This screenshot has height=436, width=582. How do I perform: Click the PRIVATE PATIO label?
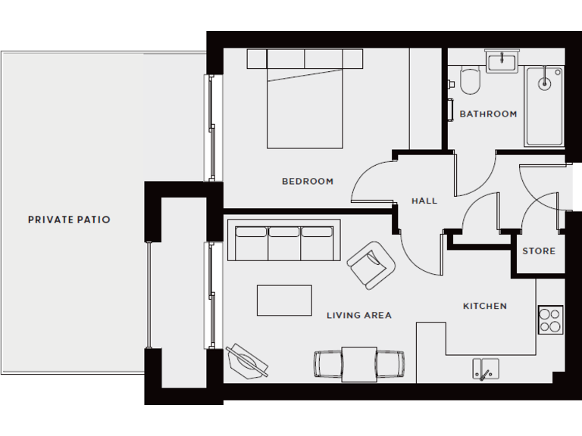coord(69,220)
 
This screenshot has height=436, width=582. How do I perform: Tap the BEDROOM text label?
coord(308,182)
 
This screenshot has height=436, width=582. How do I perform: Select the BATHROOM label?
coord(488,114)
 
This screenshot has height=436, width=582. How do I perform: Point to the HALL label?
coord(424,201)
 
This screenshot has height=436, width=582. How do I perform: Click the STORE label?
coord(539,251)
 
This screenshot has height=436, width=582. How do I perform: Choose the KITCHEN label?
coord(485,307)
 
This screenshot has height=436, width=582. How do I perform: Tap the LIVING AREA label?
coord(359,316)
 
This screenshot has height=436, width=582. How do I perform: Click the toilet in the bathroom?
coord(471,81)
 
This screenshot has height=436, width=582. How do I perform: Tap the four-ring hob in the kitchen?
coord(549,319)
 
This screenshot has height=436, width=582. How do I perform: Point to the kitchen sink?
coord(486,369)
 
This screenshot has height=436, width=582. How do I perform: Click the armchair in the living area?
coord(371,264)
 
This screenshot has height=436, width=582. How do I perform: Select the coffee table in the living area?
coord(284,300)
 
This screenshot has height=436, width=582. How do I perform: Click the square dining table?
coord(359,363)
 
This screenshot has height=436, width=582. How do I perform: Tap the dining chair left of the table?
coord(328,364)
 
